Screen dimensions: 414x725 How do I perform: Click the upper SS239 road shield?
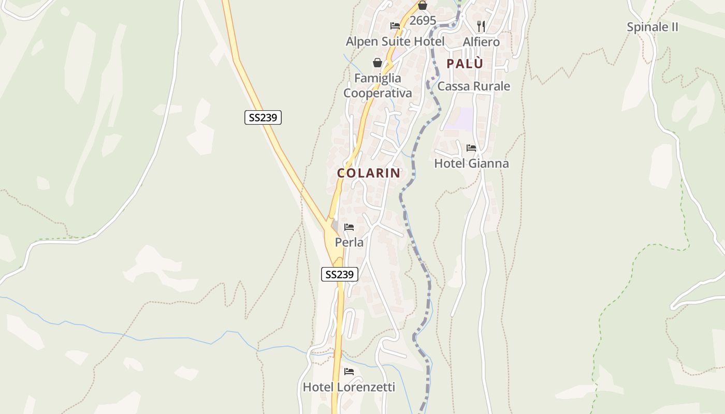click(263, 117)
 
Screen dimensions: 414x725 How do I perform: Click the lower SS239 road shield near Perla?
click(340, 274)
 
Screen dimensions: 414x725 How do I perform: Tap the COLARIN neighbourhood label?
click(369, 173)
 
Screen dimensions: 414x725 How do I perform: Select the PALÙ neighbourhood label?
click(465, 64)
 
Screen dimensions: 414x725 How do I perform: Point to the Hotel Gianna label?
click(471, 164)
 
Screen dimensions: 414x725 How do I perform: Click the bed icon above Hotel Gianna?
click(471, 148)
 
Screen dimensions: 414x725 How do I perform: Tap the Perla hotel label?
click(349, 242)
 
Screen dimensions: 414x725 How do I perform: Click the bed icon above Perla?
click(349, 227)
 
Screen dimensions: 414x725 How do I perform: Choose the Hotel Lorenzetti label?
click(349, 387)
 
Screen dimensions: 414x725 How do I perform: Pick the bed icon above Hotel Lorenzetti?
click(349, 372)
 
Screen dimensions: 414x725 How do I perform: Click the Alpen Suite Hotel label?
click(395, 41)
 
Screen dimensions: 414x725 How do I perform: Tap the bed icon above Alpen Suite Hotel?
click(395, 26)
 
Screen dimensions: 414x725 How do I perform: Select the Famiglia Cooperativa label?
click(378, 85)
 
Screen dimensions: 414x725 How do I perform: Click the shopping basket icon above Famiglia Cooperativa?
click(378, 63)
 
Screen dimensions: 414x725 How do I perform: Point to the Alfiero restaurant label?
click(481, 41)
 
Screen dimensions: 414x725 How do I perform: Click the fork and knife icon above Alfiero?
click(481, 26)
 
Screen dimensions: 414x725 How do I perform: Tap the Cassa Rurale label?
click(474, 86)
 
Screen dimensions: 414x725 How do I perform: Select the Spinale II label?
click(653, 27)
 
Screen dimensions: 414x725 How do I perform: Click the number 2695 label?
click(423, 21)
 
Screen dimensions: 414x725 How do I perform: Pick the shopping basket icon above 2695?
click(423, 6)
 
